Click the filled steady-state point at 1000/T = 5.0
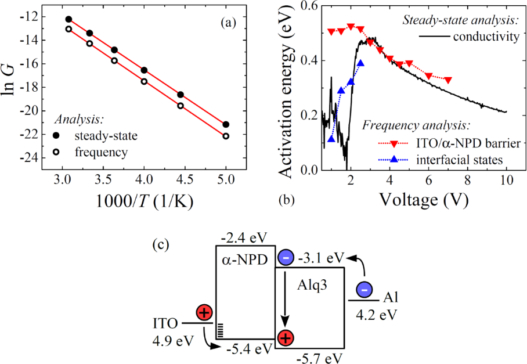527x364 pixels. [x=226, y=124]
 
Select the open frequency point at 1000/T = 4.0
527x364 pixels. [x=144, y=81]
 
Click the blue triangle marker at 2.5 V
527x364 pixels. [x=360, y=63]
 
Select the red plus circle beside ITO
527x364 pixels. [x=204, y=313]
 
